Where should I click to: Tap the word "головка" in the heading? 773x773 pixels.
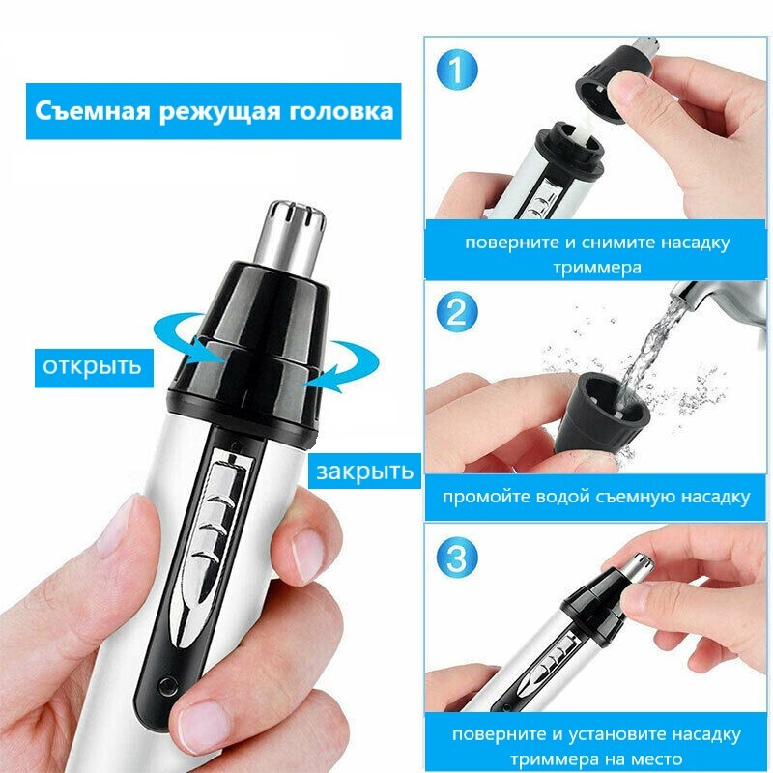341,111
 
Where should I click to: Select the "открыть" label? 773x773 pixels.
92,367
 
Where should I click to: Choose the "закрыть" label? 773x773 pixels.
365,472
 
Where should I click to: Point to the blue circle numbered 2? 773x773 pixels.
457,311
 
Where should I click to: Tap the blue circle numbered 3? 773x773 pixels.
457,558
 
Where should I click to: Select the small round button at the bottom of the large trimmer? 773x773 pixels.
167,686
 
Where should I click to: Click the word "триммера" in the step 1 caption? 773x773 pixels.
597,268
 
